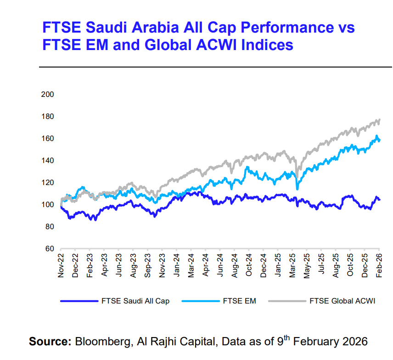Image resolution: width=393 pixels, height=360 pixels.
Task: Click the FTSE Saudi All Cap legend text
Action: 135,301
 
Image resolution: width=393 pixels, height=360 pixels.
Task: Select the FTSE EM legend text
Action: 239,301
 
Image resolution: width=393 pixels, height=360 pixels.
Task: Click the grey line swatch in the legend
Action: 287,301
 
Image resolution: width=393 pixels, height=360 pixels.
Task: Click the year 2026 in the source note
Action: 353,342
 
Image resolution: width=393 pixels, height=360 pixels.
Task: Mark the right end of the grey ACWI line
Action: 380,120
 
